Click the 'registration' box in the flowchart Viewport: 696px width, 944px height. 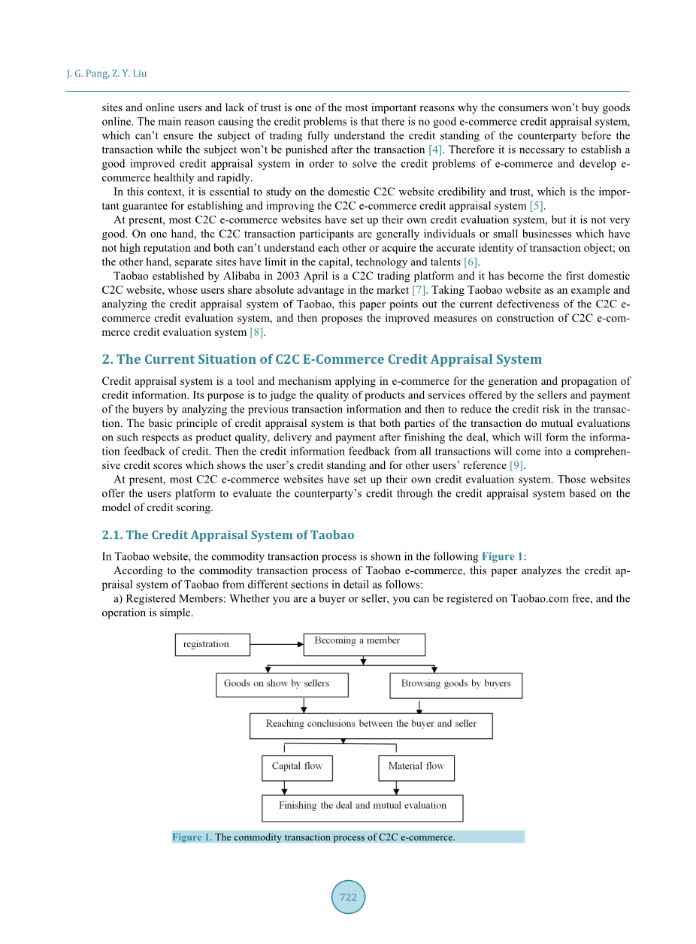tap(213, 644)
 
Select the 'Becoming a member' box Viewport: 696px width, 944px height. tap(364, 644)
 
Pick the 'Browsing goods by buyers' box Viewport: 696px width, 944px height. tap(455, 685)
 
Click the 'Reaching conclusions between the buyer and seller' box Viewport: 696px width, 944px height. tap(371, 725)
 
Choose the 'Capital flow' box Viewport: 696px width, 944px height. tap(297, 767)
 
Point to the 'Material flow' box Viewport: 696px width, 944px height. tap(416, 767)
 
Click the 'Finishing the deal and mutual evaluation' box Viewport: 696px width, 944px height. tap(362, 808)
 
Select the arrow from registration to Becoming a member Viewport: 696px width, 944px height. tap(277, 644)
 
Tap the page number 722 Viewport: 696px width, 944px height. tap(348, 897)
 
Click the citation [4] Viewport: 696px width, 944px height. tap(436, 150)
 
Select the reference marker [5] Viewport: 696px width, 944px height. tap(536, 206)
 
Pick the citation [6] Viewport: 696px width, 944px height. tap(471, 262)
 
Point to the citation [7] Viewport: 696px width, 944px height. tap(419, 290)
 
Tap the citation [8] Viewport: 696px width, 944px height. tap(257, 332)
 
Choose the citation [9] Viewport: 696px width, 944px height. tap(516, 466)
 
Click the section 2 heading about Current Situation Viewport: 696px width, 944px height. tap(322, 359)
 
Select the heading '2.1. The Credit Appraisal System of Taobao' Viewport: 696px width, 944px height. tap(228, 535)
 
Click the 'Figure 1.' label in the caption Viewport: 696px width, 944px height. tap(192, 837)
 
